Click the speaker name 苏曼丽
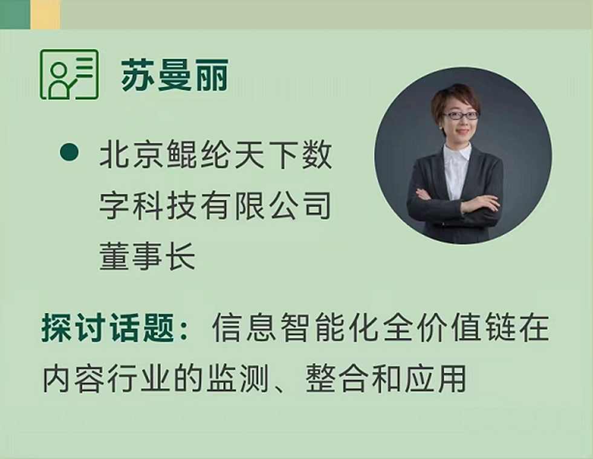pyautogui.click(x=174, y=75)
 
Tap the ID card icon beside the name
pyautogui.click(x=69, y=74)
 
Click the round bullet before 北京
pyautogui.click(x=69, y=152)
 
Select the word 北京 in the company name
pyautogui.click(x=132, y=154)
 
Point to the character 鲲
pyautogui.click(x=183, y=154)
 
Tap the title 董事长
pyautogui.click(x=147, y=255)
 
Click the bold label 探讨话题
pyautogui.click(x=108, y=327)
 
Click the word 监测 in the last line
pyautogui.click(x=238, y=378)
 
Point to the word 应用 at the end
pyautogui.click(x=435, y=378)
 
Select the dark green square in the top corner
pyautogui.click(x=15, y=14)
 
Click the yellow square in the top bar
pyautogui.click(x=45, y=14)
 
